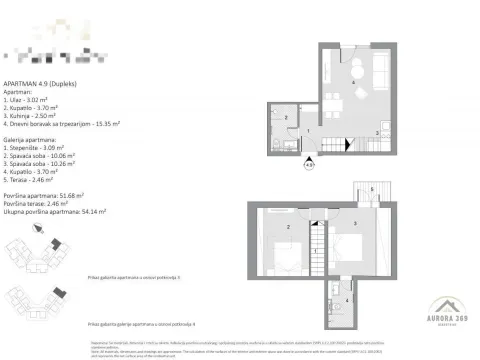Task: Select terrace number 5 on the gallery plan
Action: pos(370,188)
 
